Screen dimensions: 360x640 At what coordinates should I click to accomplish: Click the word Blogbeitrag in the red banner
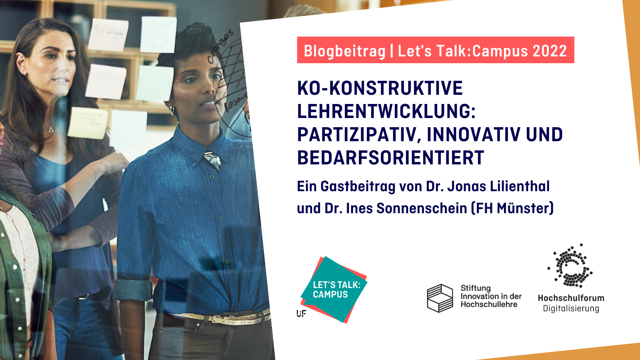344,51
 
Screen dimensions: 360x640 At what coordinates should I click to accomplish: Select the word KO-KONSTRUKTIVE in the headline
380,88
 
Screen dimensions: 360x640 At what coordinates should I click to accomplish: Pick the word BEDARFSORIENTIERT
390,158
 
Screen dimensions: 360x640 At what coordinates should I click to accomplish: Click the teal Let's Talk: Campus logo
334,289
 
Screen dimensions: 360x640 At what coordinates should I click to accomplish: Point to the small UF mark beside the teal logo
301,313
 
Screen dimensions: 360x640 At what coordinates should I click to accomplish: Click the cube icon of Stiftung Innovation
440,298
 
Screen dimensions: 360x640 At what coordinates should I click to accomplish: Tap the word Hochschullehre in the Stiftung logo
489,304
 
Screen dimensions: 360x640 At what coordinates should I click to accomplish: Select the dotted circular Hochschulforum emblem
571,266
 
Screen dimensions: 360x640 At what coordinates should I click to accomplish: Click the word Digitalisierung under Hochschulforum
571,308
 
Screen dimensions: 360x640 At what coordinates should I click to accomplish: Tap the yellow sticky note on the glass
88,123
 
